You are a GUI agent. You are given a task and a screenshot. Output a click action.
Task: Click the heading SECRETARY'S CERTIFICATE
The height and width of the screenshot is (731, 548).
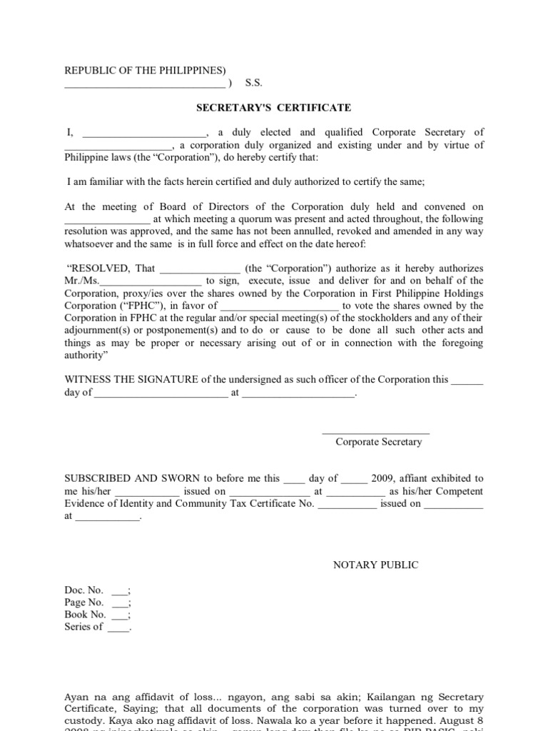click(274, 108)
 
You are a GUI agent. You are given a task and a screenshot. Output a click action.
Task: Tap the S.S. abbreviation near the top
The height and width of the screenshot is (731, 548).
click(254, 83)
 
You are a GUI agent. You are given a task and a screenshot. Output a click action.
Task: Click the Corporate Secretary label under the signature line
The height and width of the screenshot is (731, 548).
click(379, 442)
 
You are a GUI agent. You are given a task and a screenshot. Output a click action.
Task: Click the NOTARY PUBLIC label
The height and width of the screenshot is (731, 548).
click(376, 565)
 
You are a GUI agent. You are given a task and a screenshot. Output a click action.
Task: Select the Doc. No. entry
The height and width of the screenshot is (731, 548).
click(84, 590)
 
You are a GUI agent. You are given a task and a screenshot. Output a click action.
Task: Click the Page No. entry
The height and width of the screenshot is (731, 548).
click(85, 603)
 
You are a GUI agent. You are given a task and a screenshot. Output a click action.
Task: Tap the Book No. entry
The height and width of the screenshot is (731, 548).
click(86, 615)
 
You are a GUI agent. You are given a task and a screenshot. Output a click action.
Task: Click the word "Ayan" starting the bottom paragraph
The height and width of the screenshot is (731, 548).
click(78, 697)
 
